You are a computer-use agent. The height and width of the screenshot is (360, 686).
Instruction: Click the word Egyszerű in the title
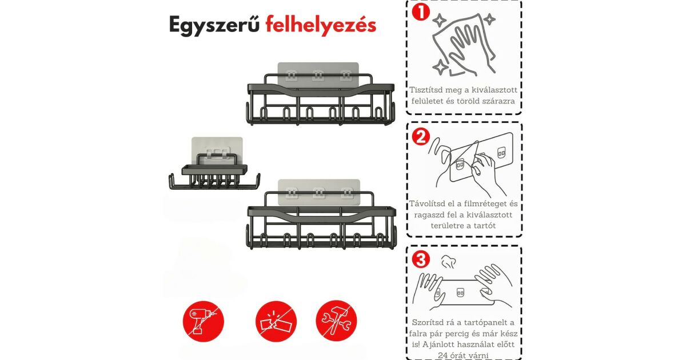coord(214,25)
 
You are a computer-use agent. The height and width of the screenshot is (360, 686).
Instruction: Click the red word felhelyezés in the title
coord(321,25)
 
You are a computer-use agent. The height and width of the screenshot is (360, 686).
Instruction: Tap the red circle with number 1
coord(421,12)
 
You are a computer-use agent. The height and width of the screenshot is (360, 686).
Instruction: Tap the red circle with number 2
coord(421,137)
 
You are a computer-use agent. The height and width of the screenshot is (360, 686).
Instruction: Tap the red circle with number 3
coord(421,259)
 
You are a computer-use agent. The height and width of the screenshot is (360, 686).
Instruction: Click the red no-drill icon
coord(204,321)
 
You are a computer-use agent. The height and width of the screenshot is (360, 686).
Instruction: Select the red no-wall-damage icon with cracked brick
coord(276,321)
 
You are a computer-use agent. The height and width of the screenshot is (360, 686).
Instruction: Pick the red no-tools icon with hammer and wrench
coord(336,321)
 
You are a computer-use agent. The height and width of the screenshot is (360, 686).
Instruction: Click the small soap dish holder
coord(214,171)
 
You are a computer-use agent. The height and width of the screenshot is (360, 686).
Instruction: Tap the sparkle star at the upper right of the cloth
coord(489,19)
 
